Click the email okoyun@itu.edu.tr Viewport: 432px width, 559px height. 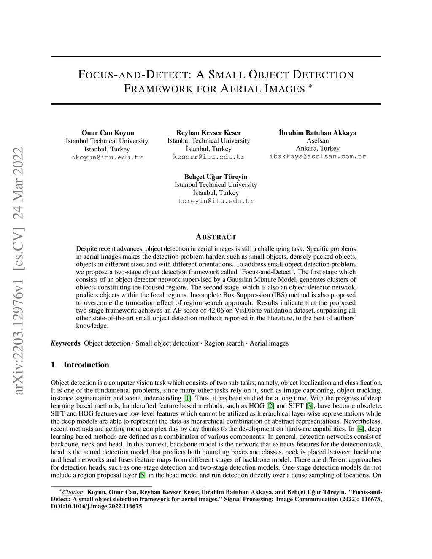point(107,157)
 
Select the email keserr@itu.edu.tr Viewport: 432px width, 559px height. point(208,157)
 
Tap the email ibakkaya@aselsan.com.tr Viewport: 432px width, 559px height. point(318,156)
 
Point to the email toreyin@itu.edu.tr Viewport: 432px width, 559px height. point(216,201)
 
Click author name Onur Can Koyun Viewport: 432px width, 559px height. point(108,133)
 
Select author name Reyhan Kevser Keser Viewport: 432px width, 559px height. point(208,133)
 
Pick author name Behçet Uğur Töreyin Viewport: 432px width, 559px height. point(216,177)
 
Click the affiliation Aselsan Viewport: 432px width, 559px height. point(318,140)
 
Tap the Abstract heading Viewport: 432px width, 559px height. point(216,237)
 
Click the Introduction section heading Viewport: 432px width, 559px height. point(86,365)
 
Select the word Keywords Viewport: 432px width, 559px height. point(65,343)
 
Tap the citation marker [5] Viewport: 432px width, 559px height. point(143,475)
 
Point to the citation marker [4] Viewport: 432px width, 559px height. point(360,429)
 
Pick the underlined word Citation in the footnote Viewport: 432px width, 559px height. point(73,492)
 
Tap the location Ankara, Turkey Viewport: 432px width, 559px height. point(318,149)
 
